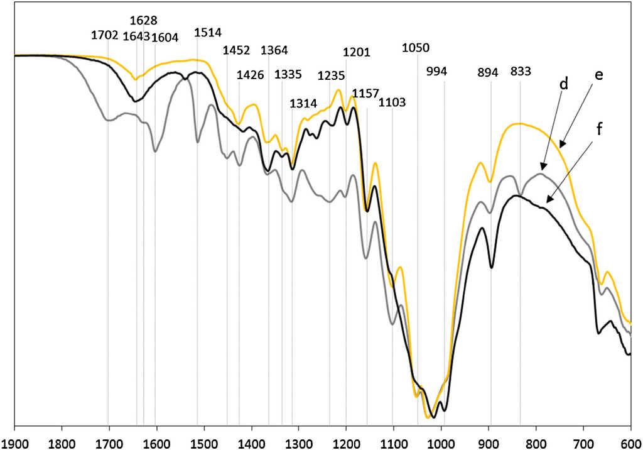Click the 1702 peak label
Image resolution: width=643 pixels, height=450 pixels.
click(x=104, y=35)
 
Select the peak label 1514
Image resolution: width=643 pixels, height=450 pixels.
click(x=208, y=33)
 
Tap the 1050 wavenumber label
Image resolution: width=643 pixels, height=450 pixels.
click(x=416, y=48)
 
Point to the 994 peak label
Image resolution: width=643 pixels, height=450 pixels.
click(x=436, y=71)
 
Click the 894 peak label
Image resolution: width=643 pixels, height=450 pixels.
click(x=488, y=72)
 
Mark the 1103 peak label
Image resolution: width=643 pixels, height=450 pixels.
click(x=392, y=102)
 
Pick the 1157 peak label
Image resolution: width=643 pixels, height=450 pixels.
click(x=365, y=93)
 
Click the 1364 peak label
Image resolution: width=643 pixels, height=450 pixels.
click(x=274, y=50)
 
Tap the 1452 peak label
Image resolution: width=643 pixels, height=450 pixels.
click(x=237, y=50)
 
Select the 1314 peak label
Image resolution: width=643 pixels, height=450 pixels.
click(x=303, y=104)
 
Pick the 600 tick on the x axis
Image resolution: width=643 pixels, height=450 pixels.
click(x=630, y=441)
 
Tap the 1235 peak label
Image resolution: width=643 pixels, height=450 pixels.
click(x=331, y=76)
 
